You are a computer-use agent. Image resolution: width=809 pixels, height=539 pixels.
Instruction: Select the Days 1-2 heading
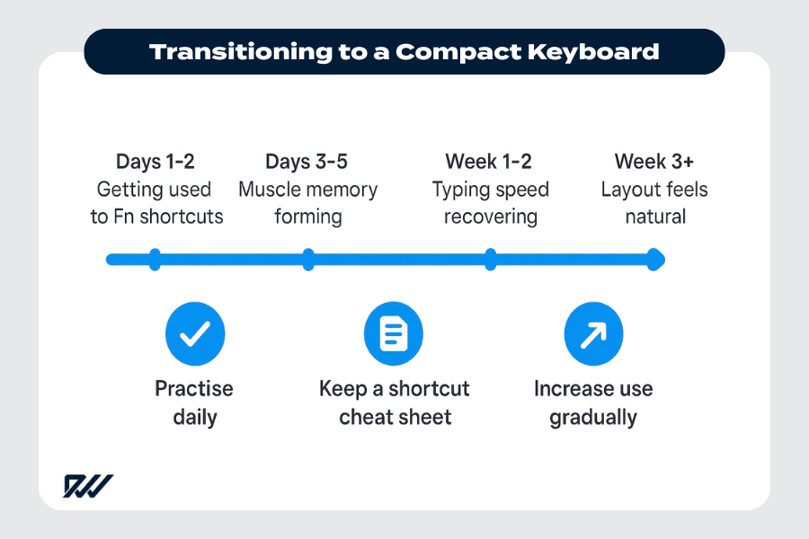[155, 162]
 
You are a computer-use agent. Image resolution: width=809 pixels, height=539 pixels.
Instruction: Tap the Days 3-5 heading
[307, 162]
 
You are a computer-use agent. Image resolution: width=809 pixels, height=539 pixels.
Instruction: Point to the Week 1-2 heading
[489, 162]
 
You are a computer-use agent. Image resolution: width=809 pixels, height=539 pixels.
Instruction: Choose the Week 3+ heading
[653, 162]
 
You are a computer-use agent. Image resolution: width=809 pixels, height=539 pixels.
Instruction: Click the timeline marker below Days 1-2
[155, 261]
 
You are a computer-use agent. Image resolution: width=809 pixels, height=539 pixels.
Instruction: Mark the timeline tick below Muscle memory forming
[308, 261]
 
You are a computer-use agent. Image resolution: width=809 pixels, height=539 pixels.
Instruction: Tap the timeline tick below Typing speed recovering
[490, 261]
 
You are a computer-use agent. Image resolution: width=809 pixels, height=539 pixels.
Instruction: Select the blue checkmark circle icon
[195, 334]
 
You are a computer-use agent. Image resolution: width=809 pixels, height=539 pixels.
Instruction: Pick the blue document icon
[393, 334]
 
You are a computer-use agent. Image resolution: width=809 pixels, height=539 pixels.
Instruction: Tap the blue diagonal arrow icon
[592, 334]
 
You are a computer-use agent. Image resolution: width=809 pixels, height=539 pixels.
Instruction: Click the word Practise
[194, 389]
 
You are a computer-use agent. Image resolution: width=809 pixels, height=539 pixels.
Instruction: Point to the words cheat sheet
[395, 418]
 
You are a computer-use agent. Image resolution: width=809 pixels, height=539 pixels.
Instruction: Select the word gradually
[592, 418]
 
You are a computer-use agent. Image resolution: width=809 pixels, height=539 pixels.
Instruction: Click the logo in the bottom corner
[87, 486]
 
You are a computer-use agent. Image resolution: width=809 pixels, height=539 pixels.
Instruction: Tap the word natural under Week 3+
[654, 217]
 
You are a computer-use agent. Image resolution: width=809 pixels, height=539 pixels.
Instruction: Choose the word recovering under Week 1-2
[490, 217]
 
